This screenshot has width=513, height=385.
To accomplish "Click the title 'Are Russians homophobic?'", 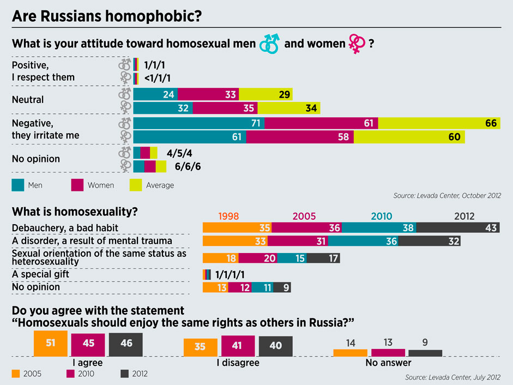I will tap(107, 16).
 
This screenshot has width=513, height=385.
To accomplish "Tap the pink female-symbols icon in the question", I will tap(357, 44).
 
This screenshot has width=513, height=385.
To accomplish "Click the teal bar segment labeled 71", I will tap(198, 123).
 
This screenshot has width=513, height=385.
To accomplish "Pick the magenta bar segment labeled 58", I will tap(299, 137).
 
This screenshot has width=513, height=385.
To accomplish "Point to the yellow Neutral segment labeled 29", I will tap(265, 94).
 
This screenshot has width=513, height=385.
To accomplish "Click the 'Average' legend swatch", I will tap(136, 185).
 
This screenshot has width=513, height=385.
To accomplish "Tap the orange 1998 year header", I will tap(228, 216).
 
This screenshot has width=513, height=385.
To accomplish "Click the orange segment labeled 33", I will tap(235, 241).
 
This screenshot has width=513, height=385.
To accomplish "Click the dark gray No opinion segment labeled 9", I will tap(281, 287).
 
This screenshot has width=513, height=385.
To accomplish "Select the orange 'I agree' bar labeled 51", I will tap(50, 343).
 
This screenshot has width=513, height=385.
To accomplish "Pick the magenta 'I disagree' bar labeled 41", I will tap(238, 345).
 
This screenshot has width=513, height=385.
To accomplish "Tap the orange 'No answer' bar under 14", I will tap(350, 353).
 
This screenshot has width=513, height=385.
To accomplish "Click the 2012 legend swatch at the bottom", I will tap(124, 374).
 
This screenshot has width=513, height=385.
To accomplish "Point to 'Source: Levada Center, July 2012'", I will tap(452, 377).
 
